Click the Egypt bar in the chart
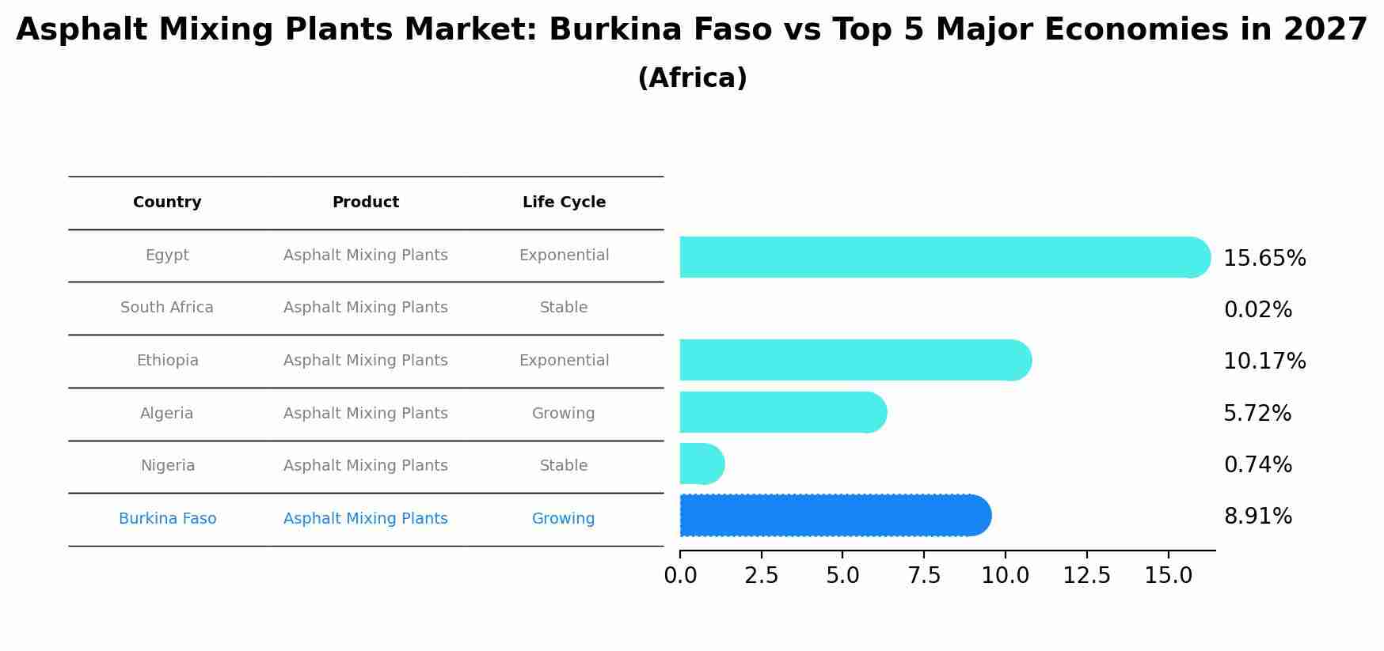(942, 257)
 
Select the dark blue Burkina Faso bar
(831, 516)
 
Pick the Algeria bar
(781, 412)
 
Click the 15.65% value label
(1264, 259)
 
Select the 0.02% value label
(1257, 310)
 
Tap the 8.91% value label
(1257, 517)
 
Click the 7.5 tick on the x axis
(924, 576)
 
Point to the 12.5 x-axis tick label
(1086, 576)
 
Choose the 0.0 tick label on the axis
(680, 576)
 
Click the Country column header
(167, 202)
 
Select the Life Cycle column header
(564, 202)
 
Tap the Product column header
(365, 202)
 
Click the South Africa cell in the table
(167, 308)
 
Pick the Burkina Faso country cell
(167, 519)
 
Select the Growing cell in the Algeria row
(563, 414)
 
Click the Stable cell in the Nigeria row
(563, 466)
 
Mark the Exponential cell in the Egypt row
(564, 255)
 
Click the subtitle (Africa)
(692, 78)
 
